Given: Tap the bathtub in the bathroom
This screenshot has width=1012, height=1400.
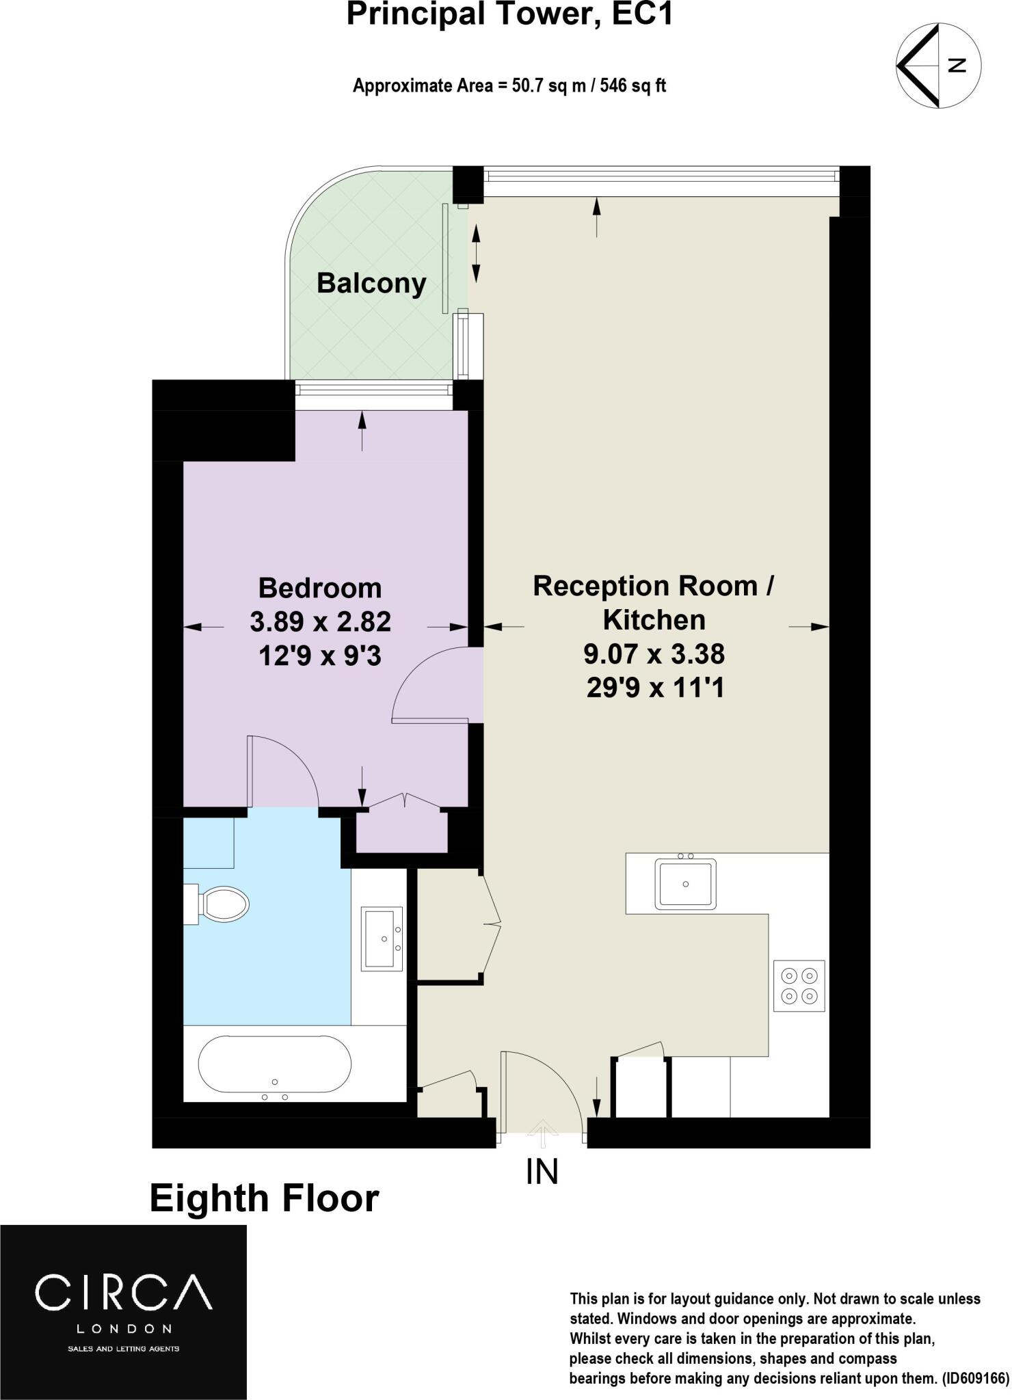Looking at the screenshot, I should (275, 1064).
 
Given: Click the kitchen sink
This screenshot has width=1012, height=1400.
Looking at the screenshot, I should (685, 884).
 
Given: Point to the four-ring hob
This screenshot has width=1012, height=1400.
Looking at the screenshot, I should (799, 986).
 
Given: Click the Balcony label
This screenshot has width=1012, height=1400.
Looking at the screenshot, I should (371, 283).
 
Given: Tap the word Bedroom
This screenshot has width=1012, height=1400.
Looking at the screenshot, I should (320, 588).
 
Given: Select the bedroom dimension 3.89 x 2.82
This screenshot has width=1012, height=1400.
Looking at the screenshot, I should (320, 622).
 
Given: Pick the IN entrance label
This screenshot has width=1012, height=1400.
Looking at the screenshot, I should (542, 1172).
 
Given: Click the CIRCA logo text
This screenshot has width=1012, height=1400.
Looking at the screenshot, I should (123, 1292).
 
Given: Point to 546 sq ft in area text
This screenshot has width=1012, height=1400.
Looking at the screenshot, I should (632, 86).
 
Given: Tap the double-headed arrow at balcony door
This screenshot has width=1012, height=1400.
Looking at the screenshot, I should (477, 254).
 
